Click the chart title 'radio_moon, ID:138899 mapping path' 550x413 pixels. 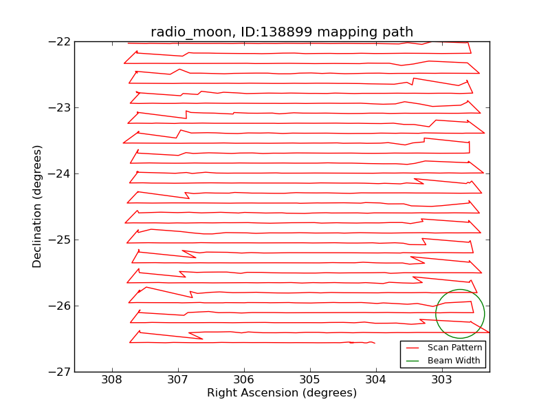point(282,32)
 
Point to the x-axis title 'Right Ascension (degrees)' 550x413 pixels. point(282,393)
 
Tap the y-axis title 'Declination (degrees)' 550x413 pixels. point(38,206)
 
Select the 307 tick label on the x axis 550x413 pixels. point(177,379)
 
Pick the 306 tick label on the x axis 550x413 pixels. point(243,379)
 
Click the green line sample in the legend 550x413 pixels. point(414,360)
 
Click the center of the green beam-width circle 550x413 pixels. point(460,314)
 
